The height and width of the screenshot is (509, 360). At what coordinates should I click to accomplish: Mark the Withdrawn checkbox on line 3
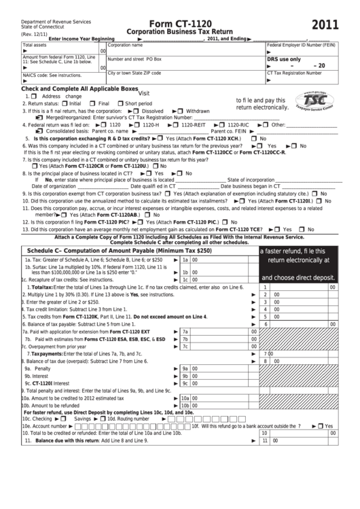[x=181, y=111]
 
